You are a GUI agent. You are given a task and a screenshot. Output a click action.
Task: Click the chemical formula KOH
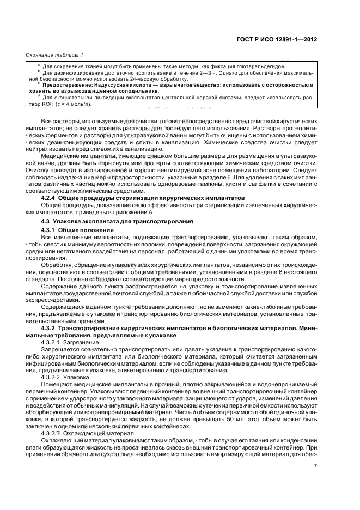[x=56, y=104]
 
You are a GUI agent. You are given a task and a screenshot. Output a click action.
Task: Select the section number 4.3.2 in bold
[x=50, y=329]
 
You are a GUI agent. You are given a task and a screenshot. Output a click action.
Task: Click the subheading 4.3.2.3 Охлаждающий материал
[x=81, y=434]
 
